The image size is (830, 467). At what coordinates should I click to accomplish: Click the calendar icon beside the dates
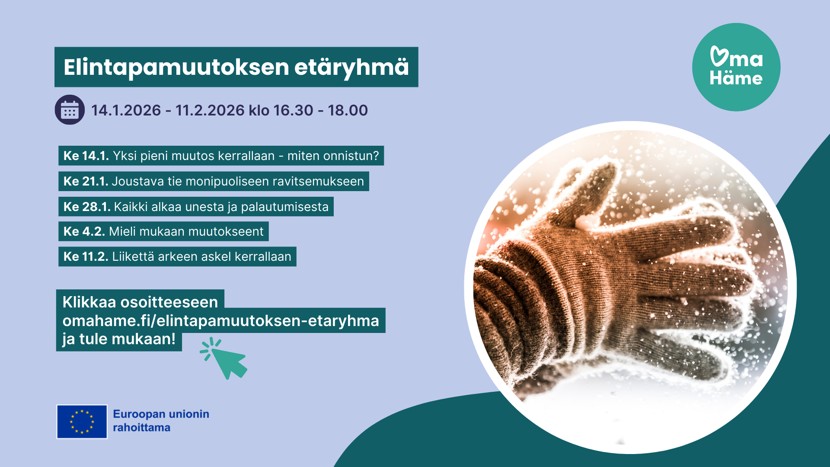click(x=70, y=110)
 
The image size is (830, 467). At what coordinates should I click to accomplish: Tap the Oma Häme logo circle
click(x=736, y=67)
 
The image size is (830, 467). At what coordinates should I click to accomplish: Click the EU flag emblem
click(x=82, y=422)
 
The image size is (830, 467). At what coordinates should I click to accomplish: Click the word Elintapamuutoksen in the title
click(x=176, y=67)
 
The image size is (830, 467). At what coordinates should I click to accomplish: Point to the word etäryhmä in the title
click(x=352, y=67)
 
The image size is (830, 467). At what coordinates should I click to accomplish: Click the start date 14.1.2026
click(x=126, y=110)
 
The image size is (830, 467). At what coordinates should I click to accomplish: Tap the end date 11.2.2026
click(x=210, y=110)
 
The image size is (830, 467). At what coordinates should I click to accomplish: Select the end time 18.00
click(x=348, y=110)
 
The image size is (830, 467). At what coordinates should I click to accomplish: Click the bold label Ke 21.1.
click(x=86, y=181)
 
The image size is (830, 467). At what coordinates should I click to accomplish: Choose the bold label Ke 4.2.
click(x=84, y=231)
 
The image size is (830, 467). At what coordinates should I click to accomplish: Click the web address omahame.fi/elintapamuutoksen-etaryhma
click(x=221, y=321)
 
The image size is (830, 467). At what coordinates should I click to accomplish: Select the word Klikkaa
click(x=89, y=302)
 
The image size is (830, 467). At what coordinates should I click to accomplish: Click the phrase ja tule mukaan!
click(x=119, y=339)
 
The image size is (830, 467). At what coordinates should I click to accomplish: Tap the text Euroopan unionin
click(x=161, y=414)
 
